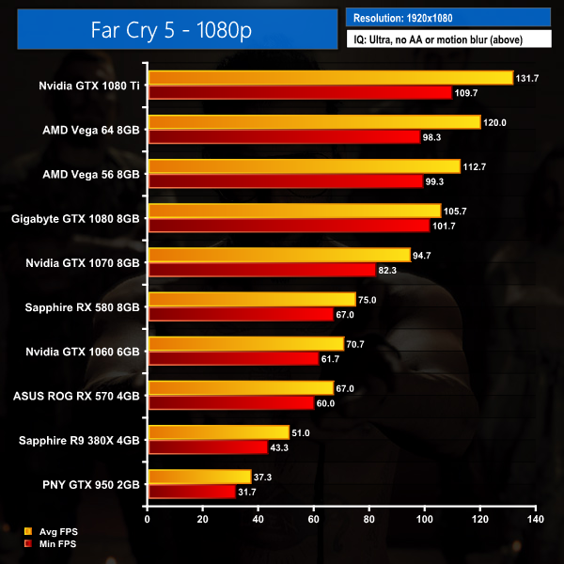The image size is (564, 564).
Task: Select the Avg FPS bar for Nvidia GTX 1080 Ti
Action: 330,78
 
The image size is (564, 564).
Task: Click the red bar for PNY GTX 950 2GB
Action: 192,491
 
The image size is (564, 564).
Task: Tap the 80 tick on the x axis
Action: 369,519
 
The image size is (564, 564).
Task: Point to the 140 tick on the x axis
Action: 536,519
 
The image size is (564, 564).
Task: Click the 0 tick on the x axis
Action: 148,519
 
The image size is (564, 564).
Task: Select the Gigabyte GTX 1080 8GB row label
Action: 76,218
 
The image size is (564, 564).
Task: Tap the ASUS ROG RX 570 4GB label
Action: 76,396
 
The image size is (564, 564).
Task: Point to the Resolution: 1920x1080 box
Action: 447,17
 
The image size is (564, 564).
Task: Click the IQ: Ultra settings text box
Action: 447,39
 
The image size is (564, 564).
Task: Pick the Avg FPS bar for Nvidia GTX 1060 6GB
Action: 246,344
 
